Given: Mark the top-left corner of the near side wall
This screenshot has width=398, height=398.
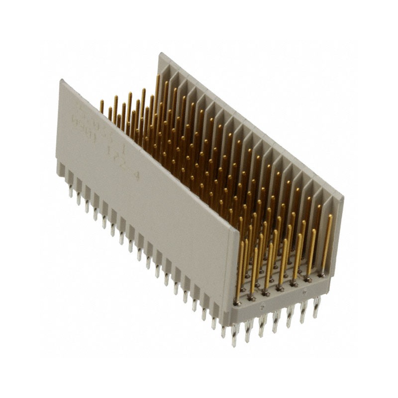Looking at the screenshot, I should click(61, 81).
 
